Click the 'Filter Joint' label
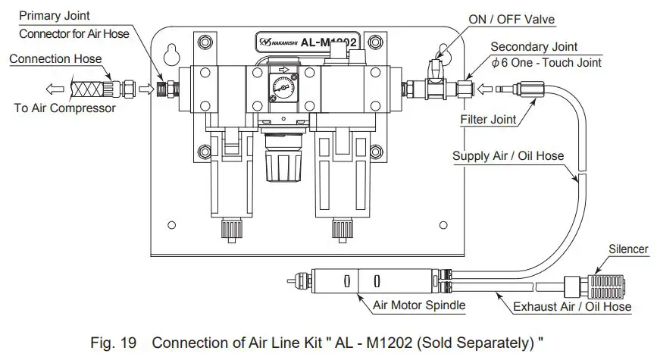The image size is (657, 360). (489, 120)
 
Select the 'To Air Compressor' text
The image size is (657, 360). (65, 108)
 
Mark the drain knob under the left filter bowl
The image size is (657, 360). (230, 227)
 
